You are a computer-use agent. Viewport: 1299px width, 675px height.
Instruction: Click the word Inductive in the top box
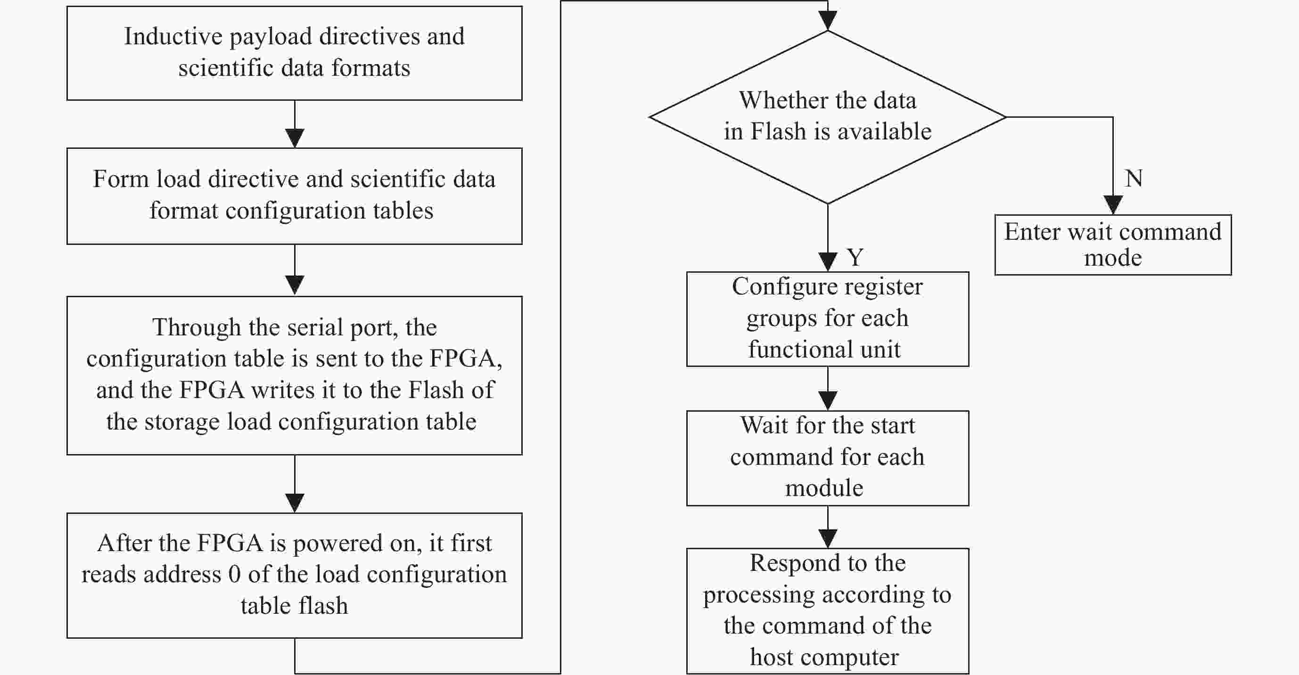click(173, 36)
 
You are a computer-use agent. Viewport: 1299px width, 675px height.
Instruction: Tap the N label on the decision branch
click(1134, 179)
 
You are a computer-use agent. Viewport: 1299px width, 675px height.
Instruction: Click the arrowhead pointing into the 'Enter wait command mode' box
click(1113, 205)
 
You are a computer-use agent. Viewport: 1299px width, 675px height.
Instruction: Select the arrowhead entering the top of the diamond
click(828, 21)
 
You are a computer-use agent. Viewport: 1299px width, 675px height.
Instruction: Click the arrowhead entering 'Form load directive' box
click(295, 138)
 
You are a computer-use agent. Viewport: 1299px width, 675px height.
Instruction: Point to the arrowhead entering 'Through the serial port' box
click(295, 286)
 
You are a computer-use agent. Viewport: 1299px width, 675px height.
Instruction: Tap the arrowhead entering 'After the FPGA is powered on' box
click(295, 503)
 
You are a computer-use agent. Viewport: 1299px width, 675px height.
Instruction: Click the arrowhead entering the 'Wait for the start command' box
click(828, 401)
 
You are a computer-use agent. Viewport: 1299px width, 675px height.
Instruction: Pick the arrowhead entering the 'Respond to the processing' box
click(828, 538)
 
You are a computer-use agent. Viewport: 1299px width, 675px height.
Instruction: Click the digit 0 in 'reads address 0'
click(234, 575)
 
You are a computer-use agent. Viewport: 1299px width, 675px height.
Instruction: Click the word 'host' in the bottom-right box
click(772, 657)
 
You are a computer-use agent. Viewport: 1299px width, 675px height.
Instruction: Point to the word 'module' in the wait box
click(824, 488)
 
